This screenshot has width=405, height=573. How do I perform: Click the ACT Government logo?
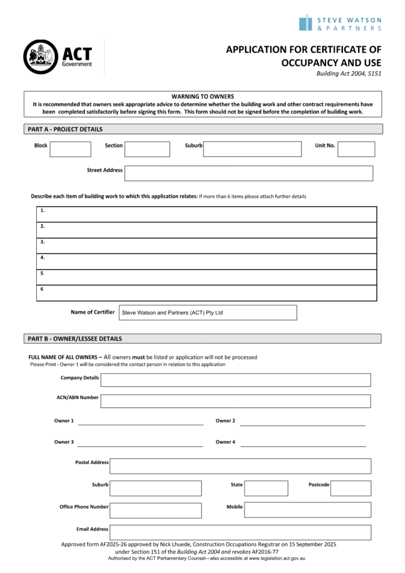point(57,57)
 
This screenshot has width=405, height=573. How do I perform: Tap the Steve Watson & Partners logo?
point(340,23)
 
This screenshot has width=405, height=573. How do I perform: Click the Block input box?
point(70,149)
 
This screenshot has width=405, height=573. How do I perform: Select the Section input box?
point(147,149)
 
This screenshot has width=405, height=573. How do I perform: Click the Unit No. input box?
point(356,149)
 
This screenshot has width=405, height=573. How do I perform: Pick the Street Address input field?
point(248,173)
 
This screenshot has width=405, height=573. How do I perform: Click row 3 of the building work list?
point(206,246)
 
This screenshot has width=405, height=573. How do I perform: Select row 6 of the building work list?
point(206,293)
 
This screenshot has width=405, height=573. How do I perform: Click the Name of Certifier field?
point(208,312)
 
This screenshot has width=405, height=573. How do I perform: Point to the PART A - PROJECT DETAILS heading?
point(65,129)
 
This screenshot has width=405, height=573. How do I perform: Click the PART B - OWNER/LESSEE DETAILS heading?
point(75,339)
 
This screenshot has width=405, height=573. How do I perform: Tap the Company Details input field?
point(236,380)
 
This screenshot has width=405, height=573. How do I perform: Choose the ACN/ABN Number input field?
point(236,401)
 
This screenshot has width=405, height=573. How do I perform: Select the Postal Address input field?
point(241,466)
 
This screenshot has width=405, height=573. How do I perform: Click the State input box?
point(266,488)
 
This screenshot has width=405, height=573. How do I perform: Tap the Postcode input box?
point(351,488)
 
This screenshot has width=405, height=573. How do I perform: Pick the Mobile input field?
point(307,510)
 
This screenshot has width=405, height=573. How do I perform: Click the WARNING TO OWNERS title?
point(202,96)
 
